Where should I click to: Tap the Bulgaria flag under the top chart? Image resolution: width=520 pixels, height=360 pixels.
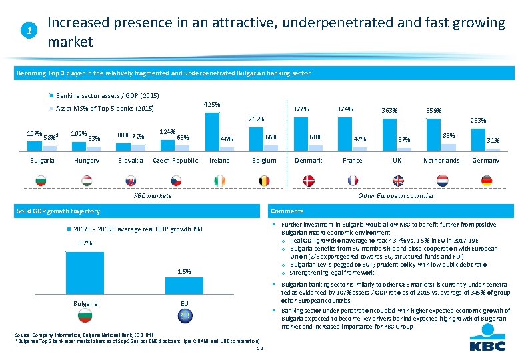coord(42,180)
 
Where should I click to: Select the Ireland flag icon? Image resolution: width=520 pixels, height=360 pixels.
coord(219,180)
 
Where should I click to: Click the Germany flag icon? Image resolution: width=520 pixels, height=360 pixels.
coord(485,180)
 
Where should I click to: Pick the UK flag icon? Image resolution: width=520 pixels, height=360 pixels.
coord(397,180)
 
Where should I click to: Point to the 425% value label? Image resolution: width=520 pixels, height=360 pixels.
coord(212,104)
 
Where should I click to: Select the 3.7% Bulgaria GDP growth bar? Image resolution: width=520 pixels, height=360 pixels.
coord(85,273)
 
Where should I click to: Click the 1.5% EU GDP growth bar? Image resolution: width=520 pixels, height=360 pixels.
coord(184,287)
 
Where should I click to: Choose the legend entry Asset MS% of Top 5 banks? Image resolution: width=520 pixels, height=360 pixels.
coord(105,108)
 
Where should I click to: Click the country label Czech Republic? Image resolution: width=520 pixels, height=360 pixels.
coord(175,161)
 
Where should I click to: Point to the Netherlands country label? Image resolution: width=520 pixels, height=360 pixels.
coord(441,161)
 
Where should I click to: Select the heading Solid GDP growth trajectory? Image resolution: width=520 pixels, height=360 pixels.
coord(58,211)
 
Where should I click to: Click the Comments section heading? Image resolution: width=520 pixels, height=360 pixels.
coord(287,211)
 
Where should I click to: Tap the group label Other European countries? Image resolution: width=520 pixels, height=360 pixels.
coord(396,195)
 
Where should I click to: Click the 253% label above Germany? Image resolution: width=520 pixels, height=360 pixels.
coord(478,121)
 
